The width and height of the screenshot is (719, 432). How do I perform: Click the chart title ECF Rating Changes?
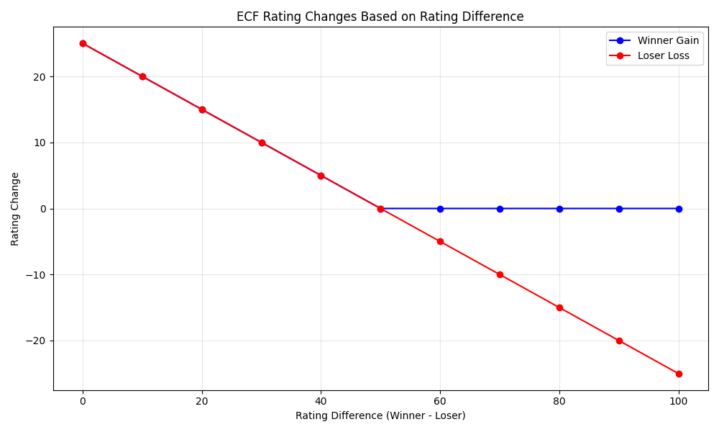pyautogui.click(x=380, y=17)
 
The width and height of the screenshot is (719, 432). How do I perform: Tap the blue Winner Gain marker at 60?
pyautogui.click(x=440, y=209)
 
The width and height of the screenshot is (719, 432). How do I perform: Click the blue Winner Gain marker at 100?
pyautogui.click(x=679, y=209)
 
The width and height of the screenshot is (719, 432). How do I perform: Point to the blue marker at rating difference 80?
pyautogui.click(x=559, y=209)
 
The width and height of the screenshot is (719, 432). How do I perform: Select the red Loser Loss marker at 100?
pyautogui.click(x=679, y=374)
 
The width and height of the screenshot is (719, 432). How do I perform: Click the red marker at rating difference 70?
pyautogui.click(x=500, y=274)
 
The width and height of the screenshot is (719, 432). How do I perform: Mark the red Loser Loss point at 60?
pyautogui.click(x=440, y=241)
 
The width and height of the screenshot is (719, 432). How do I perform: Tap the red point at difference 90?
pyautogui.click(x=619, y=341)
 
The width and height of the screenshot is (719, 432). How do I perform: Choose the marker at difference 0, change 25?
pyautogui.click(x=83, y=43)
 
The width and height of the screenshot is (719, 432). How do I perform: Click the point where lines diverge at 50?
pyautogui.click(x=380, y=209)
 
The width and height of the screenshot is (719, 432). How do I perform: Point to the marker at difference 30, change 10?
pyautogui.click(x=262, y=143)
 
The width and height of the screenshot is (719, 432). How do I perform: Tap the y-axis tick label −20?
pyautogui.click(x=35, y=341)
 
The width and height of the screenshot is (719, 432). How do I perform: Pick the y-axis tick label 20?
pyautogui.click(x=39, y=77)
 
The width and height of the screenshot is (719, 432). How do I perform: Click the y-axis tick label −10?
pyautogui.click(x=35, y=275)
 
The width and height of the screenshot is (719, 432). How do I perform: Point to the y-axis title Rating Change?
pyautogui.click(x=15, y=209)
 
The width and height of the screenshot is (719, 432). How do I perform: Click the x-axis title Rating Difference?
pyautogui.click(x=380, y=416)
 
